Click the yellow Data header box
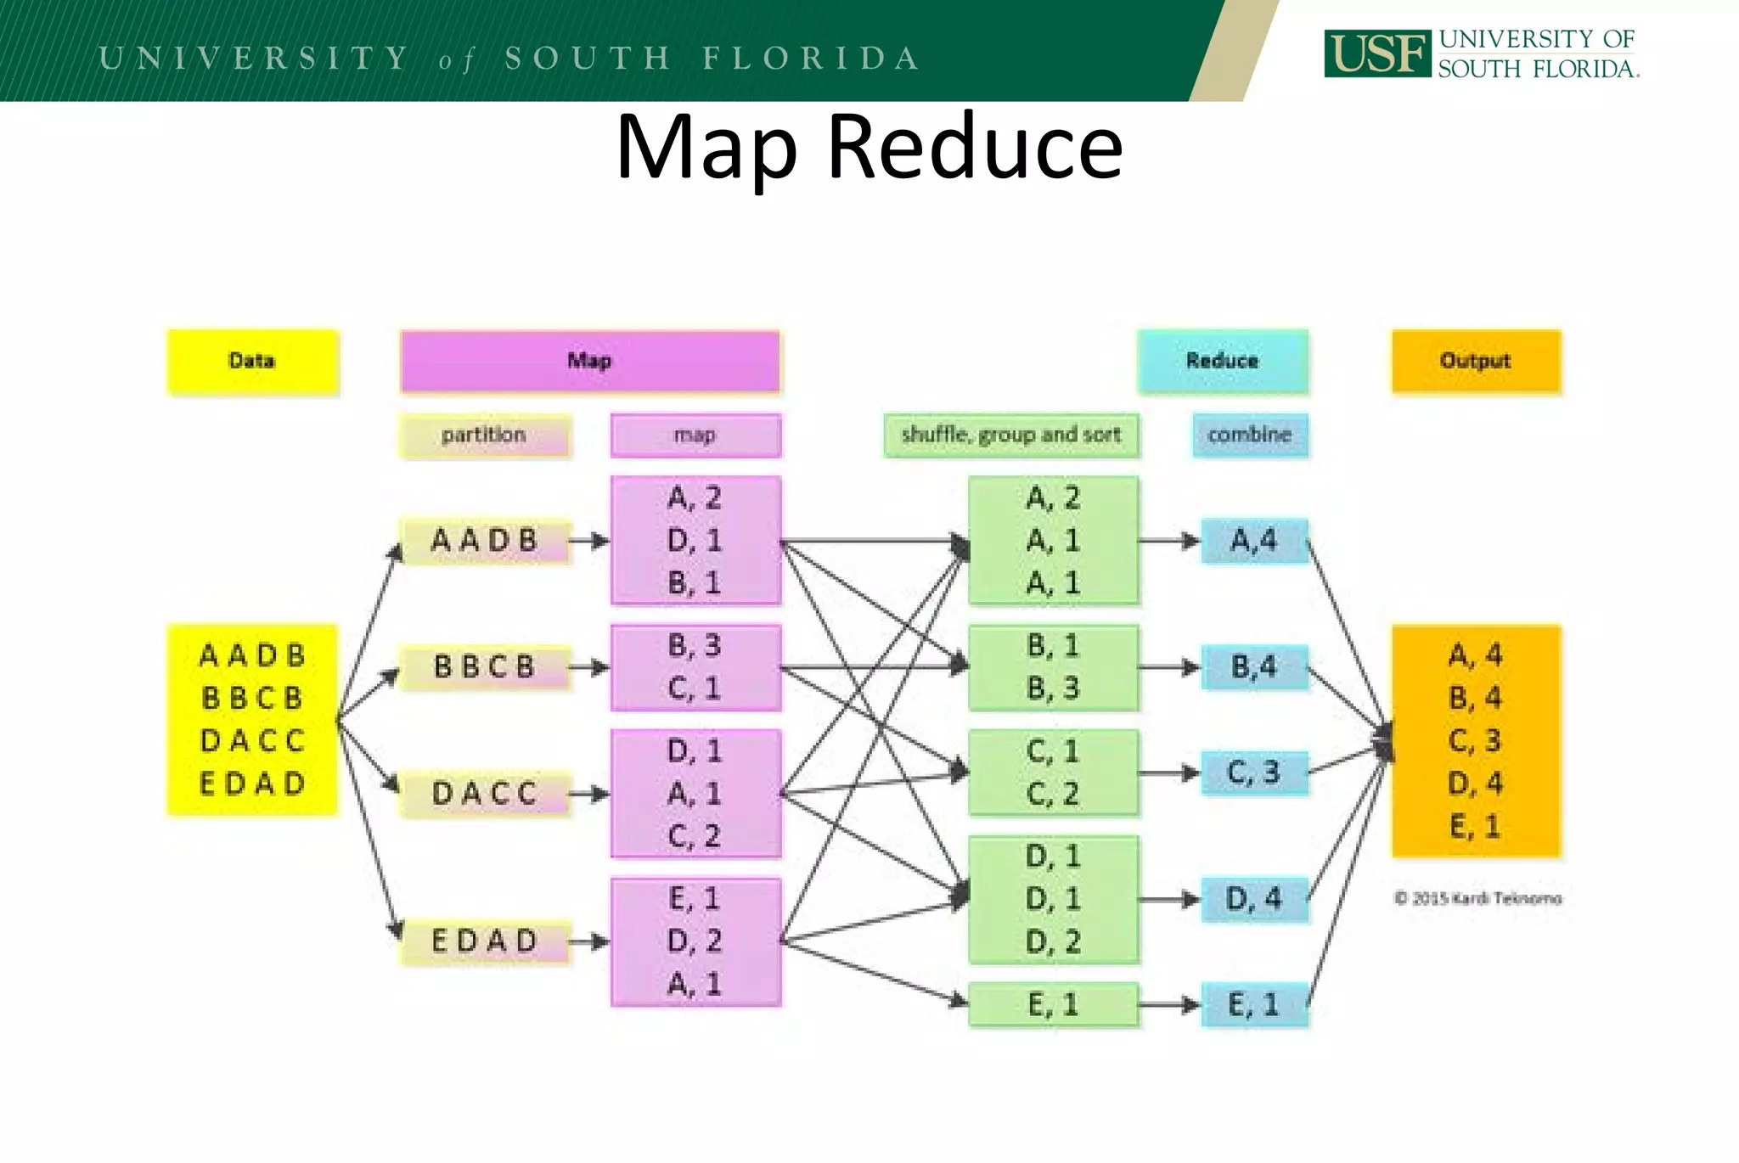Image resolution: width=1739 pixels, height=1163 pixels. tap(253, 362)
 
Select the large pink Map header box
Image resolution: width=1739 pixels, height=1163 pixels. tap(589, 362)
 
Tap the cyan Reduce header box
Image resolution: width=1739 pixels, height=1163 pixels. tap(1222, 362)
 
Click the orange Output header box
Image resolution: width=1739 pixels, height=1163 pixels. tap(1476, 362)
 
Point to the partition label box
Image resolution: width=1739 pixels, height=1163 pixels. tap(484, 435)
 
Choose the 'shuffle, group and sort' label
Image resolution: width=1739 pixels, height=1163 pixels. tap(1010, 435)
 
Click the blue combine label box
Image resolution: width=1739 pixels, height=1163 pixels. tap(1249, 435)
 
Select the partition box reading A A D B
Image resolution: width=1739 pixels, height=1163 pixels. tap(484, 541)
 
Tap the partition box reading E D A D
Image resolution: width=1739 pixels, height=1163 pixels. tap(484, 941)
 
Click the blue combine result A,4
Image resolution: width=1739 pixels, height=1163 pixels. tap(1253, 541)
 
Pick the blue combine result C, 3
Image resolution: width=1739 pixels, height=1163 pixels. tap(1253, 773)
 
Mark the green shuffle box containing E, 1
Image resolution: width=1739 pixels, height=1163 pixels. tap(1052, 1005)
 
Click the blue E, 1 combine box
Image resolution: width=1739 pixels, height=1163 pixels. tap(1253, 1005)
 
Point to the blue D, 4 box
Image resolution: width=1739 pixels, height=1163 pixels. tap(1253, 899)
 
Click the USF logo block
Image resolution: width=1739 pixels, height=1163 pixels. tap(1376, 53)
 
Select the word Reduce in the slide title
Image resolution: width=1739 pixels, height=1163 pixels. tap(975, 148)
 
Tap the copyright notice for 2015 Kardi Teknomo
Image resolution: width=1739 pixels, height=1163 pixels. tap(1477, 898)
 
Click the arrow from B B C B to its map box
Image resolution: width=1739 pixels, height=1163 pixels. tap(589, 667)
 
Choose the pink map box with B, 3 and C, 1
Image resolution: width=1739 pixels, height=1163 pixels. tap(695, 667)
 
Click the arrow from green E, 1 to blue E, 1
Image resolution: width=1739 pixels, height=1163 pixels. tap(1168, 1005)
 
